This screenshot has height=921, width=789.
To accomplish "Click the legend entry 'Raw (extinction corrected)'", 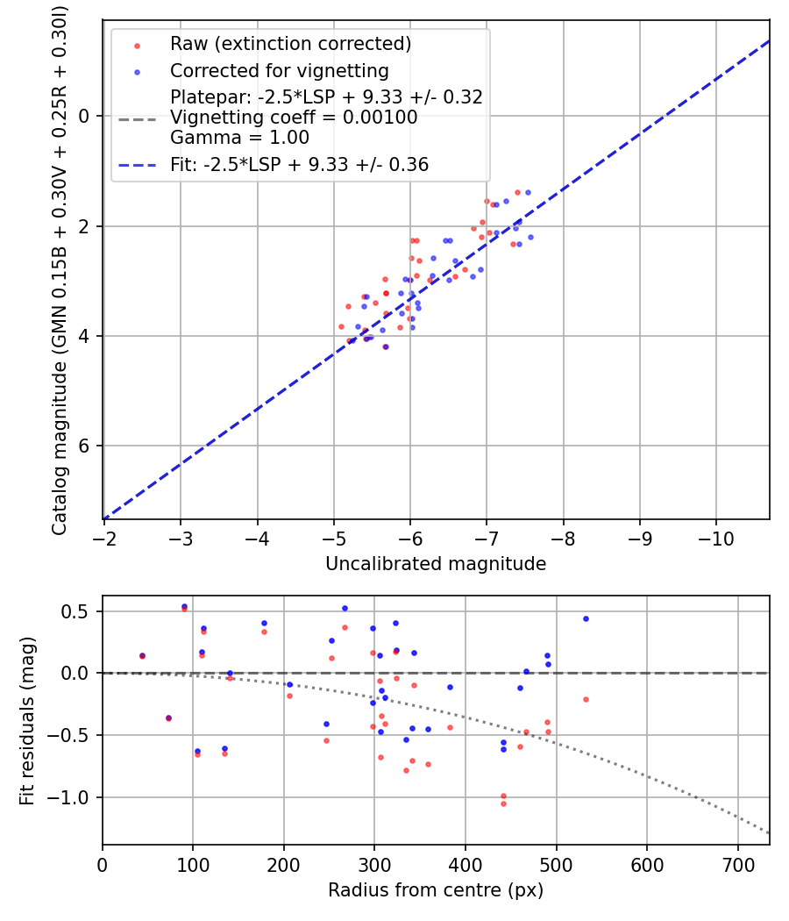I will coord(290,44).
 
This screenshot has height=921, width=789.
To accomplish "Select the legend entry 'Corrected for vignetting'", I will coord(279,70).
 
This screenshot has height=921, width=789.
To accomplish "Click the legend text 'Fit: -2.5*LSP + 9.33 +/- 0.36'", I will coord(299,164).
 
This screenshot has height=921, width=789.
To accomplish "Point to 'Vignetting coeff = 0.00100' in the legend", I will coord(294,118).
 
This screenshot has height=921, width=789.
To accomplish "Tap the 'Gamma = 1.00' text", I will coord(239,138).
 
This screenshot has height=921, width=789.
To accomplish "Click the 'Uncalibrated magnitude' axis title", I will coord(436,564).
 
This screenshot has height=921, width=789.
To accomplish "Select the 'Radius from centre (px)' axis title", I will coord(436,890).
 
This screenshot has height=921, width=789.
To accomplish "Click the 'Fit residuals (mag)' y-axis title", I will coord(27,721).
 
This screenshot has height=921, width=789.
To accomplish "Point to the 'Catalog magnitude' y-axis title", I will coord(60,268).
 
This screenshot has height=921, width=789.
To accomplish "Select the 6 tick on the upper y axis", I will coord(85,446).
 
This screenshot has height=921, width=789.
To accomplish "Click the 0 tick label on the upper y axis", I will coord(85,116).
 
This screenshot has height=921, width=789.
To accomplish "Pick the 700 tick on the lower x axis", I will coord(737,862).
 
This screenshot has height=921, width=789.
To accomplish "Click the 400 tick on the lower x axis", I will coord(466,862).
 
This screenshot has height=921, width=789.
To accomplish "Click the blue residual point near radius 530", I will coord(586,618).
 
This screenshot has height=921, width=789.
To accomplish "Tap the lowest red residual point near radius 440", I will coord(503,804).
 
